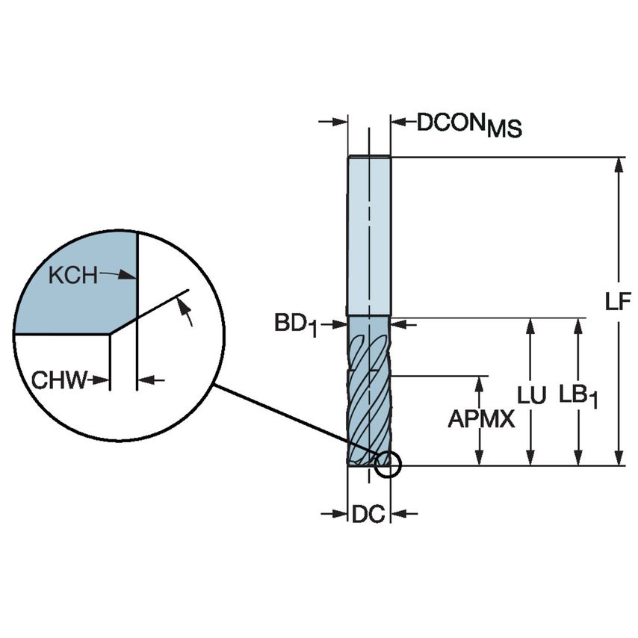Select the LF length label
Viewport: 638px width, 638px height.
(619, 303)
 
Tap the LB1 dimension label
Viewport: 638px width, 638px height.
(578, 397)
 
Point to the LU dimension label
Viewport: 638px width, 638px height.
(532, 395)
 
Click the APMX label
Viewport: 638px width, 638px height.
(481, 420)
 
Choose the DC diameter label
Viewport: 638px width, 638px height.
(368, 514)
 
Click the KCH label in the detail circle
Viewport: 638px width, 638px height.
(72, 275)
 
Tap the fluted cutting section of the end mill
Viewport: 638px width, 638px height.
(368, 388)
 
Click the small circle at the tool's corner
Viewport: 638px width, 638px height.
(388, 465)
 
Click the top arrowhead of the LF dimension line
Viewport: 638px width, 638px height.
(619, 164)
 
